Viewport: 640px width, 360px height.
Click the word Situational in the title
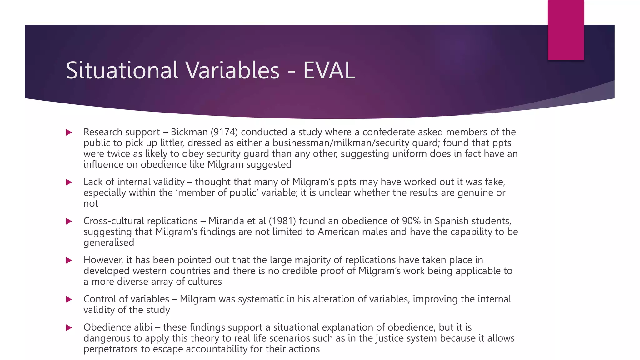point(122,70)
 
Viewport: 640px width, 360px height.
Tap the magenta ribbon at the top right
point(566,30)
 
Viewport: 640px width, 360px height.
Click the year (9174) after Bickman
point(224,132)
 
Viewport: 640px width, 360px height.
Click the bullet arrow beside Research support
point(69,132)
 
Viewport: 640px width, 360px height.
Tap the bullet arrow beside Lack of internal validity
point(69,182)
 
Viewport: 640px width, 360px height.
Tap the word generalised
point(109,243)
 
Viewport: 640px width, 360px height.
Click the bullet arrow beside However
point(69,260)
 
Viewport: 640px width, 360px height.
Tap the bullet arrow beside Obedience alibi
point(69,328)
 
